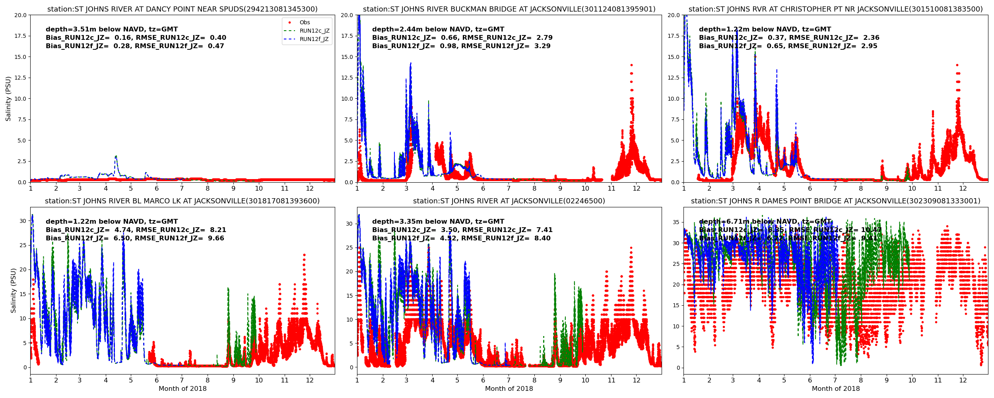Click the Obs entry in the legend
305,23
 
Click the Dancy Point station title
182,9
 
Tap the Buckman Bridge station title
509,9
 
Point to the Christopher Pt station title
835,9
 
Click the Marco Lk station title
182,201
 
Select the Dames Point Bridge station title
835,201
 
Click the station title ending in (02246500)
509,201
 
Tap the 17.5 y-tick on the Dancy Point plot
21,36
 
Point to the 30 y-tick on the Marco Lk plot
23,221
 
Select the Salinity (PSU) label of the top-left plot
8,99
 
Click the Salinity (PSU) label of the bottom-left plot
14,291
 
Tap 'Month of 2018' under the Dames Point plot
835,389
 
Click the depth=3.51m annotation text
112,29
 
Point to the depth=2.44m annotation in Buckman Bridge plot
438,29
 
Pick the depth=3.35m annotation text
438,222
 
